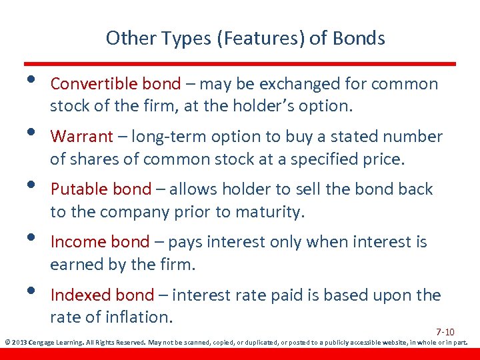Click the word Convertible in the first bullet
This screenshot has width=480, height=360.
[94, 84]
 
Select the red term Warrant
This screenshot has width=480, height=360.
[81, 137]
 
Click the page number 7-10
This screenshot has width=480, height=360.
[445, 332]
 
